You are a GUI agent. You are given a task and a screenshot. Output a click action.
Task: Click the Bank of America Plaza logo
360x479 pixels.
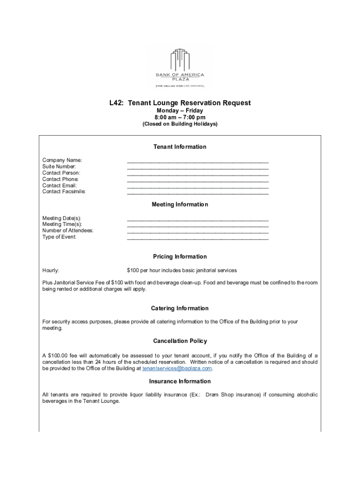point(180,68)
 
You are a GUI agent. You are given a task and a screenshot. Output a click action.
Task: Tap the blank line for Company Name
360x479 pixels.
point(198,160)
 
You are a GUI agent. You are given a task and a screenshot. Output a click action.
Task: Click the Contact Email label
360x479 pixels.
point(59,185)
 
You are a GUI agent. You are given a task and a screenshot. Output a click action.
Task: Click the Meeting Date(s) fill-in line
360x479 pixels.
point(198,218)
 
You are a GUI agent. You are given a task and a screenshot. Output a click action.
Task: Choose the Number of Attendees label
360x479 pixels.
point(68,231)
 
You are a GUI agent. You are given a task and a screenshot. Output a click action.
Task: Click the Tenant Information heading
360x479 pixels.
point(180,147)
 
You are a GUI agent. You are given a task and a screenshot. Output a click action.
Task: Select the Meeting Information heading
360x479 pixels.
point(180,204)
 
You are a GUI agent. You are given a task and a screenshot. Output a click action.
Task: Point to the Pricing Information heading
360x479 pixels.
point(180,256)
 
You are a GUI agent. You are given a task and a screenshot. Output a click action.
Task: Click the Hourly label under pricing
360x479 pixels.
point(50,270)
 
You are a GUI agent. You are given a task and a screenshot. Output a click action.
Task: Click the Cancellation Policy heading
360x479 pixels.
point(180,341)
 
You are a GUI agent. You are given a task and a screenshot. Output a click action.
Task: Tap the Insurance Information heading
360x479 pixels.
point(180,381)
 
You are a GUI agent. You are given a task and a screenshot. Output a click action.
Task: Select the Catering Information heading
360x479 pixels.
point(180,308)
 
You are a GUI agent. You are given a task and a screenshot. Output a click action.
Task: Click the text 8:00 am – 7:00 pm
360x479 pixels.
point(180,117)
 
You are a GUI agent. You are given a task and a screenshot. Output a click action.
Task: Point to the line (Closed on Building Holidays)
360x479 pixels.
point(180,124)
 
